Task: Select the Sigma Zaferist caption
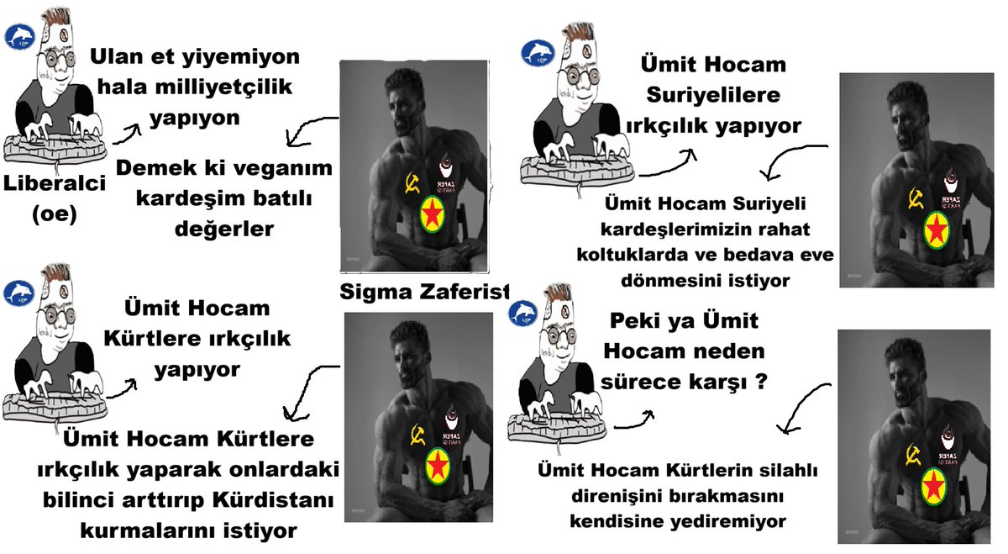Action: [425, 291]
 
